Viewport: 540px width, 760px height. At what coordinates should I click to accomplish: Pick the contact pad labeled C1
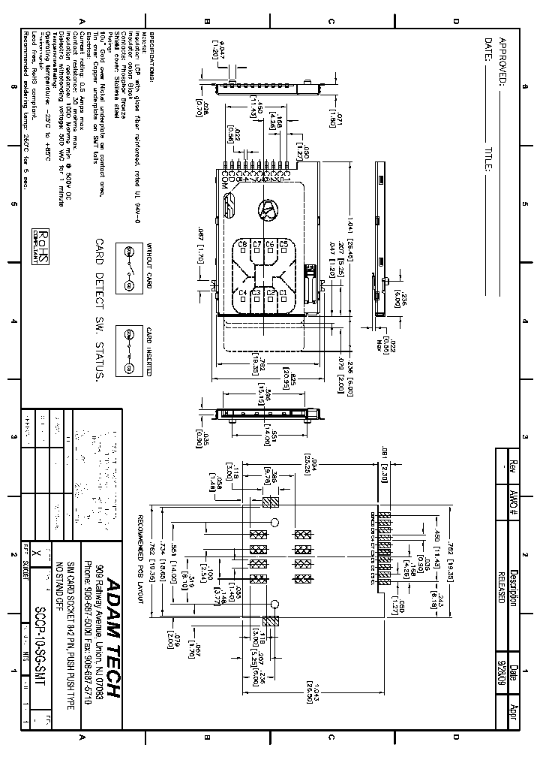coord(283,293)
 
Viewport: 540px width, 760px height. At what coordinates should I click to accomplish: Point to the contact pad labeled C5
coord(283,245)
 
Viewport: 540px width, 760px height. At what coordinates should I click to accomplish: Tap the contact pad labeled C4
coord(242,293)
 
